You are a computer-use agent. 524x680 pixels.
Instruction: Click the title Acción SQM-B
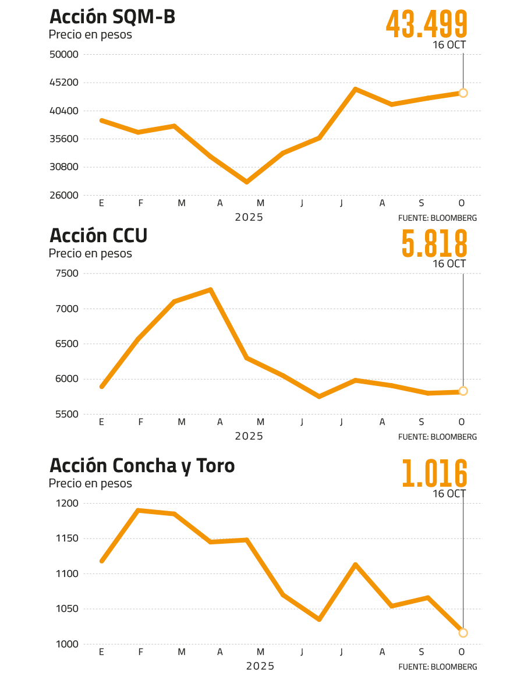point(112,17)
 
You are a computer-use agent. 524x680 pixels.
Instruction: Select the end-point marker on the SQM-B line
point(463,93)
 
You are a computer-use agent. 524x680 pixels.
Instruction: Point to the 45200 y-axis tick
point(65,83)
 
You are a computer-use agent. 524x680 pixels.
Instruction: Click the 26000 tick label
point(65,196)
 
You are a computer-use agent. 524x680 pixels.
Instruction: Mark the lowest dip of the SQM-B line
point(247,182)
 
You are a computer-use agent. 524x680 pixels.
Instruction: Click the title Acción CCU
point(98,236)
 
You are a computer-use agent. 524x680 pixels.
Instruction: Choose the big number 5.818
point(434,243)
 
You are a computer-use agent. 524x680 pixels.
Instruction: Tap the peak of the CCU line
point(210,289)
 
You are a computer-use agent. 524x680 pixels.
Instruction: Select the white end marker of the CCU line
point(463,391)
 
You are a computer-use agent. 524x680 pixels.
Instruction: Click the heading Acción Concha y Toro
point(142,466)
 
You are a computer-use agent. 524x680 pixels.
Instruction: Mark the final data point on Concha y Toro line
point(463,633)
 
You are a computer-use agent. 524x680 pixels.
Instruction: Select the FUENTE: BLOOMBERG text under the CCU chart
point(438,437)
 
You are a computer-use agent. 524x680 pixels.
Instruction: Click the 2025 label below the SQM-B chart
point(249,217)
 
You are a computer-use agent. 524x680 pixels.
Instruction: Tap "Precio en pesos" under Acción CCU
point(90,254)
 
